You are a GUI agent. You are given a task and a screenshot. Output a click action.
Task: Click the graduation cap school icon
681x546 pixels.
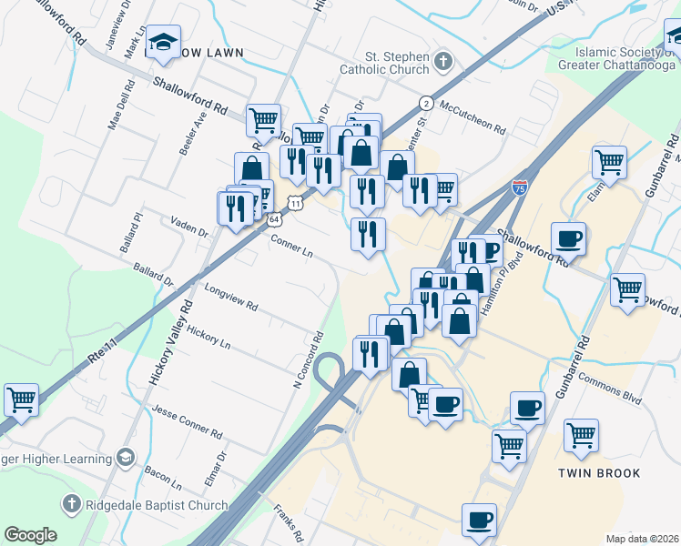[164, 42]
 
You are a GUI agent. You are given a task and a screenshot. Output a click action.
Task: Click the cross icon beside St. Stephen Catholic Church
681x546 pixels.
[443, 62]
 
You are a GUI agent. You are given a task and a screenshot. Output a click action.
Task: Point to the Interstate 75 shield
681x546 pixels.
[519, 188]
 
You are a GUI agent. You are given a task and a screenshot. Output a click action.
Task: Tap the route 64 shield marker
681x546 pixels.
[274, 217]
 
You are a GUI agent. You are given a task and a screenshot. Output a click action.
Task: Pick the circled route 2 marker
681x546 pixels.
[425, 102]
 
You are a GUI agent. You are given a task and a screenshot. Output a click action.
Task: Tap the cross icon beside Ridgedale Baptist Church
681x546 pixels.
[71, 504]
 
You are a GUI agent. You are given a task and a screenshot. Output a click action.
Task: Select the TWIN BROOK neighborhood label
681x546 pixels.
[600, 473]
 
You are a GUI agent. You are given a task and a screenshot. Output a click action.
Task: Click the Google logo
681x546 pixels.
[31, 535]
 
